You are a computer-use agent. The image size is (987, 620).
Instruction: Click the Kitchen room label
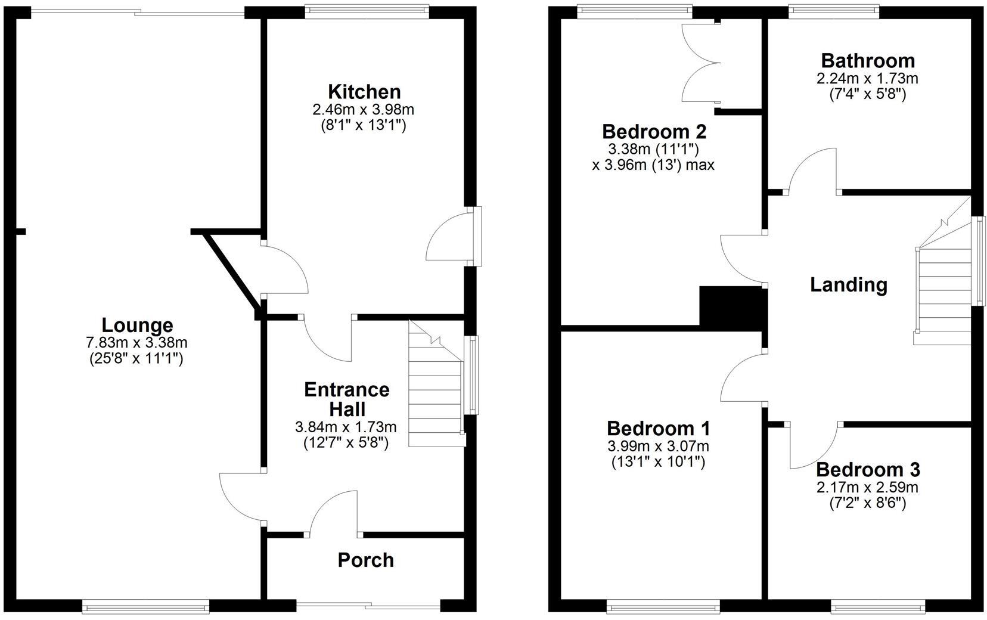tap(364, 92)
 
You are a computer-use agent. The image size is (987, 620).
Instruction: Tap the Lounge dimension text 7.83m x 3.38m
tap(136, 343)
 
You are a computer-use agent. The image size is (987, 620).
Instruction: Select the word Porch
tap(365, 560)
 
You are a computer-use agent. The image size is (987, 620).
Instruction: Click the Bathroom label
tap(867, 60)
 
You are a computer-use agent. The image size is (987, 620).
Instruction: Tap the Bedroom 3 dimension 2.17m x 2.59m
tap(867, 488)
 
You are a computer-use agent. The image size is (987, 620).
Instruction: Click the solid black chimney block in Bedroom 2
tap(731, 306)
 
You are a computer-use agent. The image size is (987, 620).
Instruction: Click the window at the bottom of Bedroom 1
tap(663, 607)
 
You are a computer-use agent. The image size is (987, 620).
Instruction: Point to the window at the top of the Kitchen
tap(366, 11)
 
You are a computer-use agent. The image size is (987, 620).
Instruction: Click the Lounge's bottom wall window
tap(146, 607)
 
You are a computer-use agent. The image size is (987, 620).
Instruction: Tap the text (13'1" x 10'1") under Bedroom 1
tap(658, 461)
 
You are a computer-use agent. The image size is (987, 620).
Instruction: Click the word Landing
tap(848, 284)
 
